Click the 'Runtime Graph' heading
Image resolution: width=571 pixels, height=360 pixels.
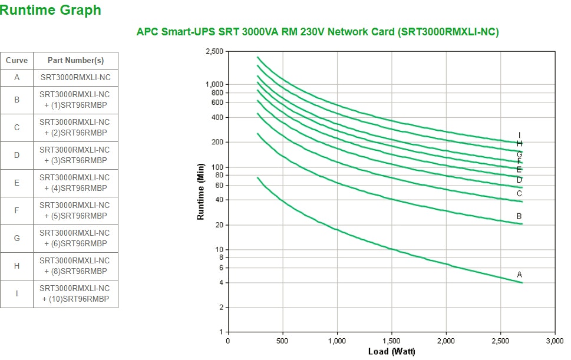click(x=51, y=10)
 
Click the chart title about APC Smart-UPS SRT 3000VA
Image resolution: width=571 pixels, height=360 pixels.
click(x=318, y=32)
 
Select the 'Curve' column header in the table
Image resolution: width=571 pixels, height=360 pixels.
click(x=16, y=61)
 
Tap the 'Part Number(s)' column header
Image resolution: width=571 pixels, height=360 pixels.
click(x=75, y=61)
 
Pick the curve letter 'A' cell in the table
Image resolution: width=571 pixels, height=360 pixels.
click(x=16, y=77)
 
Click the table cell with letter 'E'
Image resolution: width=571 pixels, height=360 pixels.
click(x=16, y=183)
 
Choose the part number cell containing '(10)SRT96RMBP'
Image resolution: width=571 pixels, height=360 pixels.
click(x=75, y=293)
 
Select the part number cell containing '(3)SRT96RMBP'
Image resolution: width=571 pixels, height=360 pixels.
click(x=75, y=155)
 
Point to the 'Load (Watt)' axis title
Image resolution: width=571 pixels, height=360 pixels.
click(x=391, y=352)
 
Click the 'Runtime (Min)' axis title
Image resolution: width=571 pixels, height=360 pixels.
click(x=201, y=191)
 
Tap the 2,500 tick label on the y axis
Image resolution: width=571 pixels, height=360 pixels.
click(x=214, y=52)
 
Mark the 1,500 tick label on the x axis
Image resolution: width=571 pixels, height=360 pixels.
click(x=391, y=341)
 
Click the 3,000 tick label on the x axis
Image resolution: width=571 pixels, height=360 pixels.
click(x=555, y=341)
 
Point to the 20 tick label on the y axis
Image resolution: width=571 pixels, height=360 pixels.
click(x=219, y=225)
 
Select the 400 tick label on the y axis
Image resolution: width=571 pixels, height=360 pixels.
click(x=217, y=117)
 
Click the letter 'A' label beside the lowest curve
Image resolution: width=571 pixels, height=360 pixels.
click(x=519, y=275)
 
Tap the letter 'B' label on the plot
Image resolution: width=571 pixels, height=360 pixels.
click(x=519, y=216)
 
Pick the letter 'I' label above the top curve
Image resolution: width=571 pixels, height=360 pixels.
click(x=519, y=135)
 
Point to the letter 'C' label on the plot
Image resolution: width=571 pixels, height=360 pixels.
click(x=519, y=193)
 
